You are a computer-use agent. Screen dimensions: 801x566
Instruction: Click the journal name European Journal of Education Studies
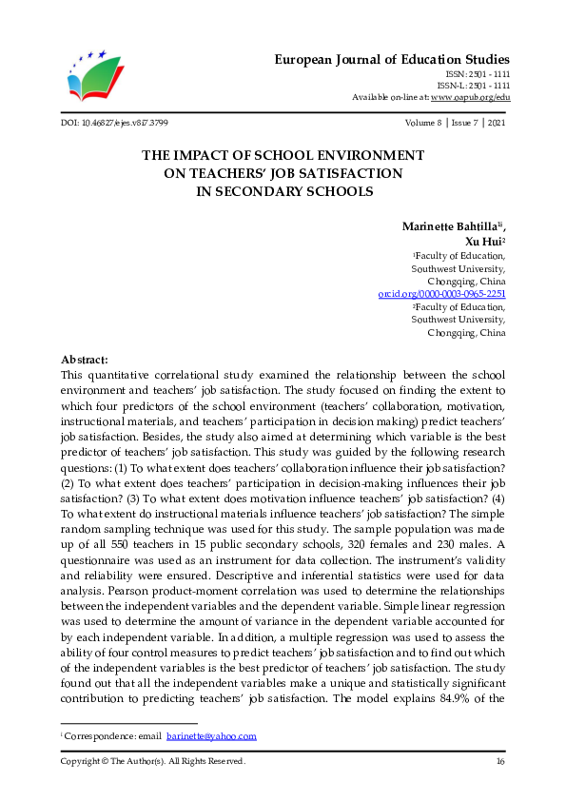click(x=392, y=59)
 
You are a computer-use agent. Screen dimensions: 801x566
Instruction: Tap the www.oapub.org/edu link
click(x=470, y=97)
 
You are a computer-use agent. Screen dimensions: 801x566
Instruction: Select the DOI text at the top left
click(x=114, y=124)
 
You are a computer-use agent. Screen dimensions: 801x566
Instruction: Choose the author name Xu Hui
click(x=483, y=242)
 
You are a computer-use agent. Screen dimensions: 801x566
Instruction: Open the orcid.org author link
click(x=441, y=295)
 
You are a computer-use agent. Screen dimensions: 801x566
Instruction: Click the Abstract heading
click(x=85, y=360)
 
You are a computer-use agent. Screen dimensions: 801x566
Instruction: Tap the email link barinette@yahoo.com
click(x=211, y=736)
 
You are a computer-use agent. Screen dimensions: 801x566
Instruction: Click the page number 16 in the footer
click(x=500, y=761)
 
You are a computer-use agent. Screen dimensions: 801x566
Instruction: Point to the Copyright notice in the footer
click(x=153, y=761)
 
